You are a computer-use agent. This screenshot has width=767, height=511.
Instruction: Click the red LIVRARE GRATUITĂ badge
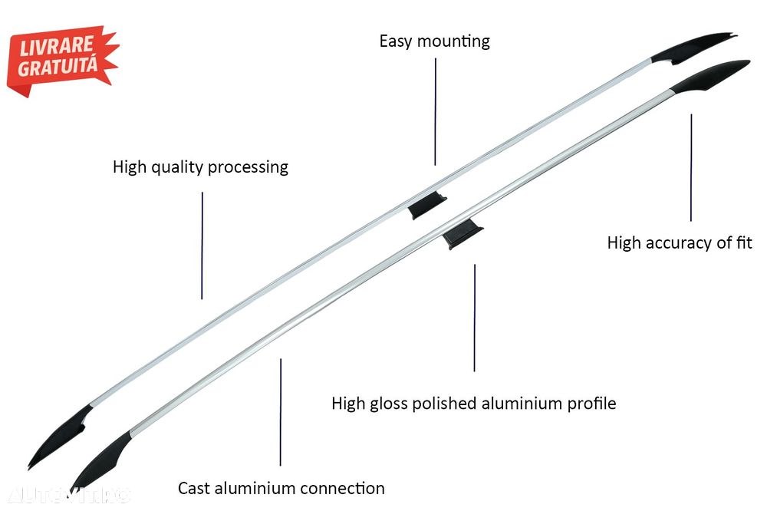click(x=61, y=60)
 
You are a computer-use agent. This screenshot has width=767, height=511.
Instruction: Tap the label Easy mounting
click(x=434, y=41)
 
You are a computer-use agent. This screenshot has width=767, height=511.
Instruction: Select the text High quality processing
click(x=200, y=166)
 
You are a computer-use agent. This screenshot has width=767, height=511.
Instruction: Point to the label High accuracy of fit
click(x=679, y=242)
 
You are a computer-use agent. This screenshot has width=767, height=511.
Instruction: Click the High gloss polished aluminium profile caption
click(x=473, y=403)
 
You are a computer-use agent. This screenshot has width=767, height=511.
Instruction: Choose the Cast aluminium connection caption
click(x=281, y=488)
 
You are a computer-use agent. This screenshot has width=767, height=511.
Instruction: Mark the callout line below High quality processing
click(x=202, y=246)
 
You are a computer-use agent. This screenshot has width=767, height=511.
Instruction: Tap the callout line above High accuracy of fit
click(x=690, y=167)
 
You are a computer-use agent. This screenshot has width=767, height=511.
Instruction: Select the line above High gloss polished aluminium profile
click(x=474, y=318)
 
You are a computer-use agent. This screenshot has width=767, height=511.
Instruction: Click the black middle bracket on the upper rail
click(x=426, y=206)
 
